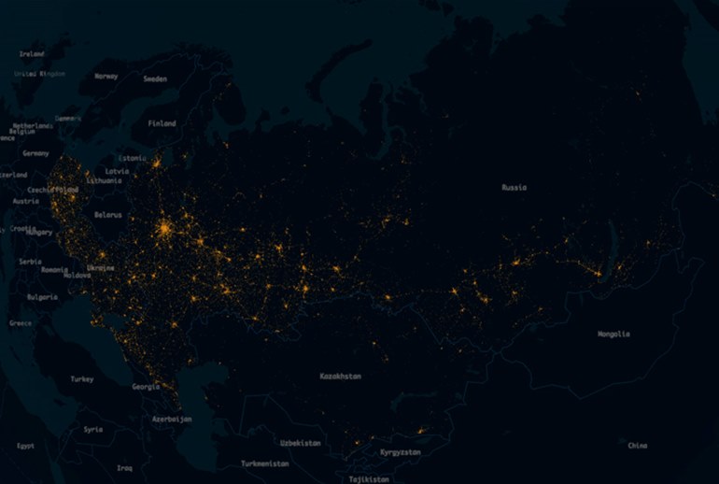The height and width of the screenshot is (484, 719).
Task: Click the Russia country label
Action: click(514, 188)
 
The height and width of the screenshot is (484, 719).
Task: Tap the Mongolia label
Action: click(613, 334)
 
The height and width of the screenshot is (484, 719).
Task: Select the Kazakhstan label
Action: click(340, 376)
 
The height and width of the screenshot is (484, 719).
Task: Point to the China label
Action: click(638, 446)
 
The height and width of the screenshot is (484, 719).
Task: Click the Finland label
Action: click(162, 123)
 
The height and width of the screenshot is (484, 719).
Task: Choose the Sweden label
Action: click(155, 79)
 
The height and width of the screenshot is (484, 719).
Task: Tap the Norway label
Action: click(106, 77)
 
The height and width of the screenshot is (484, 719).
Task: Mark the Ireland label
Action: click(31, 54)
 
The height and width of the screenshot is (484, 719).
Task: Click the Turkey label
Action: click(82, 379)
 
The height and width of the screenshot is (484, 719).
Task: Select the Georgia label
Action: click(145, 387)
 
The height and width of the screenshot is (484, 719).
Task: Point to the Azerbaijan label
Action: click(172, 420)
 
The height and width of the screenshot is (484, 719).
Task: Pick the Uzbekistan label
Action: click(300, 443)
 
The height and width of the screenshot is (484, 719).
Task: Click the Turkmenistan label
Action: click(265, 463)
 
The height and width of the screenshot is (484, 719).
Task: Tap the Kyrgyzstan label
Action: click(400, 452)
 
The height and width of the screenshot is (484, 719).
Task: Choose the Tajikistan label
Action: click(369, 478)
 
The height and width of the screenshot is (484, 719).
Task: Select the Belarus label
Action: click(108, 215)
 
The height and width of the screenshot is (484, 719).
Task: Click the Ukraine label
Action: click(101, 268)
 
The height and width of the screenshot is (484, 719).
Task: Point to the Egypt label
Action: click(26, 446)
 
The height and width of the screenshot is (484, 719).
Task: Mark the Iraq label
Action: click(124, 467)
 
